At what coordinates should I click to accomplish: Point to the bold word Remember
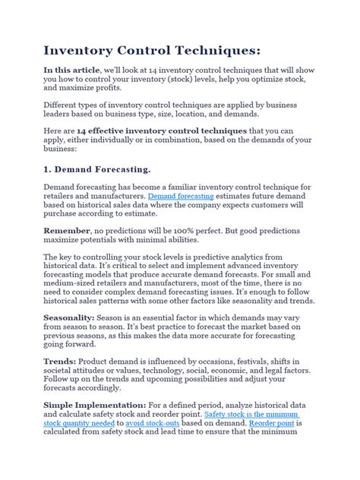click(66, 229)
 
